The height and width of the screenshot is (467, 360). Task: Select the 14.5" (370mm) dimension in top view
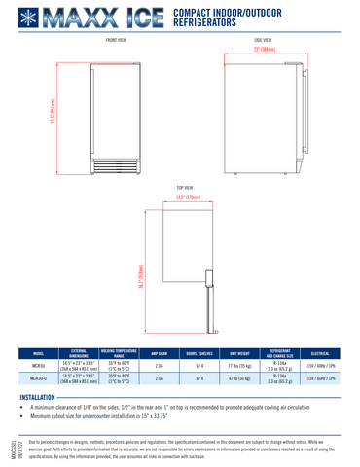(x=189, y=198)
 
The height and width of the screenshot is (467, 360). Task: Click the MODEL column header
(x=38, y=354)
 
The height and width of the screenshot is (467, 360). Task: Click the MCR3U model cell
(x=38, y=366)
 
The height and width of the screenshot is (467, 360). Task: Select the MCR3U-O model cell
(x=38, y=379)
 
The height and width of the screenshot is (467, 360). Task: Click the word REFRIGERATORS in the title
(x=204, y=20)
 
